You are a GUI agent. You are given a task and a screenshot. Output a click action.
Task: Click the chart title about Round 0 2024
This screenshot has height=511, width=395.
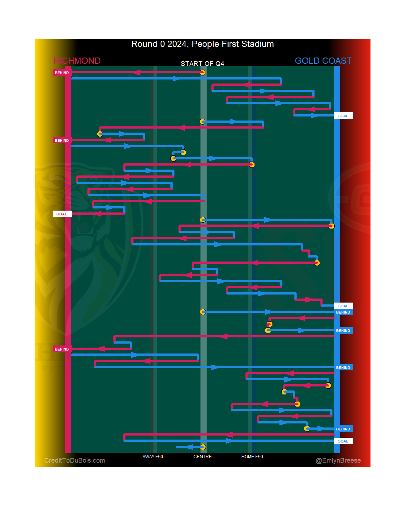click(x=202, y=44)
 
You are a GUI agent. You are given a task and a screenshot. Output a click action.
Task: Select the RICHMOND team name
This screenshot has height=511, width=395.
click(x=77, y=61)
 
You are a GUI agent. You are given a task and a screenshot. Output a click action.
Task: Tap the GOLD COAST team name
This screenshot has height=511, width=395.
click(x=323, y=61)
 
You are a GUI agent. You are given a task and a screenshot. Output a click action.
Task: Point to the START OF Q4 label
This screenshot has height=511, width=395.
click(x=202, y=64)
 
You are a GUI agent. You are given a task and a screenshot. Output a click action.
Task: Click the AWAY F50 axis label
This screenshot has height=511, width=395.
click(x=153, y=457)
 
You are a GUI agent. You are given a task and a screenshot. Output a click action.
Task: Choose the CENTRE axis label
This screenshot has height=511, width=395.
click(x=202, y=457)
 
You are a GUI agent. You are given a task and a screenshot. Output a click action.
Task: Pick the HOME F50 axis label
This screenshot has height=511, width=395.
click(x=252, y=457)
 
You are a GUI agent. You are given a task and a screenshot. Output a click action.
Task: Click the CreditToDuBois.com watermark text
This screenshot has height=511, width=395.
click(x=75, y=460)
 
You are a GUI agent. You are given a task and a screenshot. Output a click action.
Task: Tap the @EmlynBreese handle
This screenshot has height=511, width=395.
click(x=338, y=460)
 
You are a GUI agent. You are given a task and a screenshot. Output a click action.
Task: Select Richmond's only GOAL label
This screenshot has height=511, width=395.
click(x=61, y=214)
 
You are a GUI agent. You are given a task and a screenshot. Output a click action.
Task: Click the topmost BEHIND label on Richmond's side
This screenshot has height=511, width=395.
click(x=61, y=73)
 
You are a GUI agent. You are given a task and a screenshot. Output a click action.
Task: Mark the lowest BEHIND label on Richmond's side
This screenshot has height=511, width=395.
click(x=61, y=349)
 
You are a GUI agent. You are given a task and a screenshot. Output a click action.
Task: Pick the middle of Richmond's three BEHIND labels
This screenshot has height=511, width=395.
click(x=61, y=141)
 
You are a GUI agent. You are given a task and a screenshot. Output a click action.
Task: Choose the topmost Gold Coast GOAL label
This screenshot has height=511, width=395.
click(x=343, y=116)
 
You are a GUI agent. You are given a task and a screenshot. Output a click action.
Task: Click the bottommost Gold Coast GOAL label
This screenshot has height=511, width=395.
click(x=343, y=441)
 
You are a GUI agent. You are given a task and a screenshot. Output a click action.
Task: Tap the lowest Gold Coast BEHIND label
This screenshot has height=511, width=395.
click(x=343, y=429)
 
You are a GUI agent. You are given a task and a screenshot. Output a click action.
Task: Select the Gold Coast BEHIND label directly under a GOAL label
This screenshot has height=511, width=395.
click(x=343, y=312)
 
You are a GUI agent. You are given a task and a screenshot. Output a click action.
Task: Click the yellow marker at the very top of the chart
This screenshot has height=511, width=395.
click(x=203, y=73)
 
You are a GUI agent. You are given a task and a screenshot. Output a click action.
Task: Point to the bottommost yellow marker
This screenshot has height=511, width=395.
click(x=203, y=447)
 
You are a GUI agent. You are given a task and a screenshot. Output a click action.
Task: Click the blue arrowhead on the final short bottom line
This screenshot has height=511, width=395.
click(x=189, y=447)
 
